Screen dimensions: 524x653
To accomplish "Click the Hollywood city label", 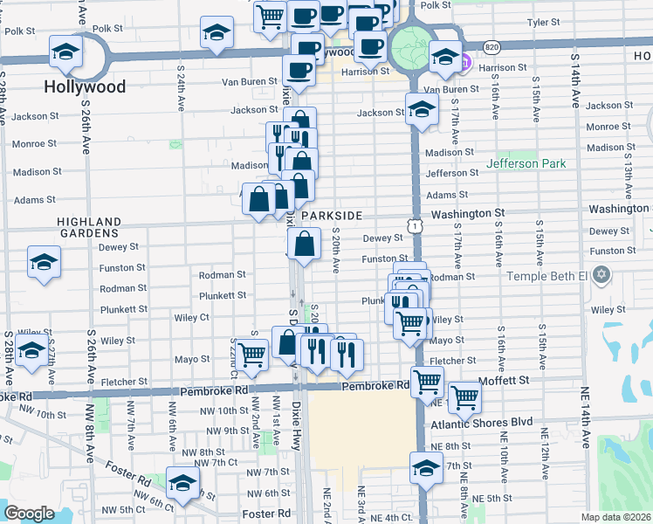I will click(x=86, y=87).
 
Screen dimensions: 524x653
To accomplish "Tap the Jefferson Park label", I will click(x=526, y=163).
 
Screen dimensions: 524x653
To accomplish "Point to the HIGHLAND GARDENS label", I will click(x=88, y=228).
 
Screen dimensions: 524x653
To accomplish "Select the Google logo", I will click(x=29, y=513).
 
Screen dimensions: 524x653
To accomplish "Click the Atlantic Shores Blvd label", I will click(x=481, y=422).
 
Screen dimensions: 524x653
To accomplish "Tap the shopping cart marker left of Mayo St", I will click(x=251, y=354).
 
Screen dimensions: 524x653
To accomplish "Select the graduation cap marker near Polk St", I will click(x=216, y=33).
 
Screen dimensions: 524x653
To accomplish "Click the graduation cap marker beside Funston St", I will click(x=44, y=262).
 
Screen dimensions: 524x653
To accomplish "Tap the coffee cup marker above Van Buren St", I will click(x=299, y=70).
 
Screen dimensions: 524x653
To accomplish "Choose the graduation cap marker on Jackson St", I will click(x=422, y=109).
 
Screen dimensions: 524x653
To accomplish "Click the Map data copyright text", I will click(x=615, y=517).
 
